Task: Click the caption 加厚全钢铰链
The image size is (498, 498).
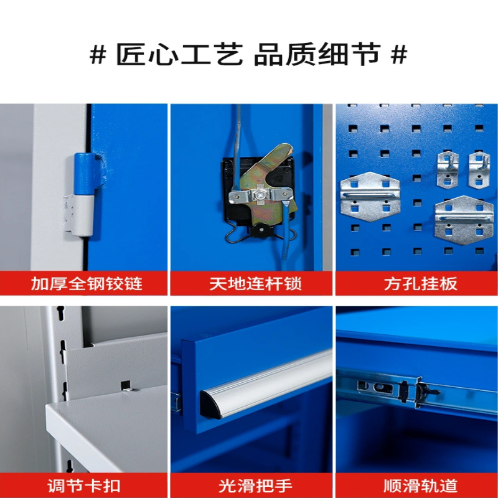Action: point(87,284)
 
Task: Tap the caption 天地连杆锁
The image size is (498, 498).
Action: point(255,284)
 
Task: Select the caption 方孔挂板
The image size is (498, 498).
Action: point(420,284)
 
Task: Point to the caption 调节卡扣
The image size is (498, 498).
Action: point(84,486)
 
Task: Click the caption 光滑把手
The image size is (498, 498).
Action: point(255,486)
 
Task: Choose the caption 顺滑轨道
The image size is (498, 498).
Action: point(420,486)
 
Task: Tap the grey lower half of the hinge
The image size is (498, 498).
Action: point(81,215)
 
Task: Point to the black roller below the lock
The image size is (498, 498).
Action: point(261,228)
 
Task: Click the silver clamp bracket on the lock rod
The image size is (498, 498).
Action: point(260,195)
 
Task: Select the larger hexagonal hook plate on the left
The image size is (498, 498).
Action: point(370,197)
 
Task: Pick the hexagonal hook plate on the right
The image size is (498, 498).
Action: point(464,220)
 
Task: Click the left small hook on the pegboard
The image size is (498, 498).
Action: point(448,170)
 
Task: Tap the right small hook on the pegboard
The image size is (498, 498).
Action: point(479,170)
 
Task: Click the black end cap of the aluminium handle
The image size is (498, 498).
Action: point(210,406)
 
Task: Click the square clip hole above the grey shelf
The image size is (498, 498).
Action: point(126,385)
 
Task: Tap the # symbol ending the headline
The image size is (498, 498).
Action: point(399,55)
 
